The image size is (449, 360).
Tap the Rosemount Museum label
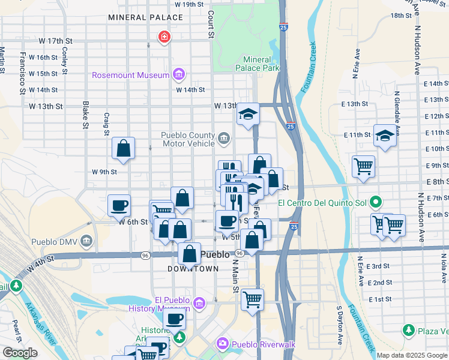tap(131, 76)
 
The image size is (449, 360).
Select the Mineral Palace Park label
tap(261, 64)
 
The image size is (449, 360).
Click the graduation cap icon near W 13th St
tap(247, 113)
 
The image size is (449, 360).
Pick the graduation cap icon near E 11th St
tap(384, 136)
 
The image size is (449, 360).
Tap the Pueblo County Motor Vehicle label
tap(188, 139)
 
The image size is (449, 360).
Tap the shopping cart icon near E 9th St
tap(363, 166)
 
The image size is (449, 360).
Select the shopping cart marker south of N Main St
tap(252, 298)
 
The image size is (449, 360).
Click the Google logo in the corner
tap(20, 353)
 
